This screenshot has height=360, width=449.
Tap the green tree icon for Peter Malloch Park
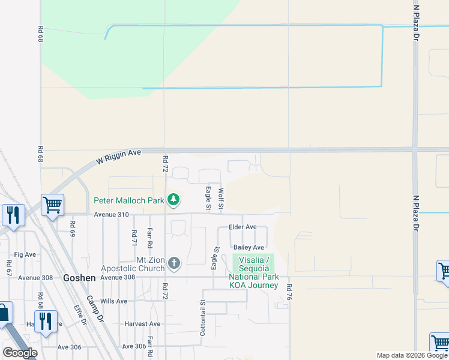click(173, 199)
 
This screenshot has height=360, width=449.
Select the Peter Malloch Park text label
click(128, 200)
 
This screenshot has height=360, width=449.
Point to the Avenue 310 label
click(111, 214)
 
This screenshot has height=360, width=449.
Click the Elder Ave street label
click(243, 227)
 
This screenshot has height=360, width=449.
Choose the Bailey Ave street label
click(249, 247)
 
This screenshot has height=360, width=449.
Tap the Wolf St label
click(221, 199)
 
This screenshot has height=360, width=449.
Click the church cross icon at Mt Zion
click(174, 263)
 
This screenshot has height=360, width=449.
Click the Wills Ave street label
click(114, 301)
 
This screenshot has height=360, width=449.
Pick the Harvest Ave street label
click(142, 324)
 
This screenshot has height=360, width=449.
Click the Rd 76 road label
click(289, 292)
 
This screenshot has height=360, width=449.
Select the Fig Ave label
click(26, 254)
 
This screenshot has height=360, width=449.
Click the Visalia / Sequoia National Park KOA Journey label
click(253, 272)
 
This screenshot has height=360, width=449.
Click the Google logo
click(20, 352)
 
